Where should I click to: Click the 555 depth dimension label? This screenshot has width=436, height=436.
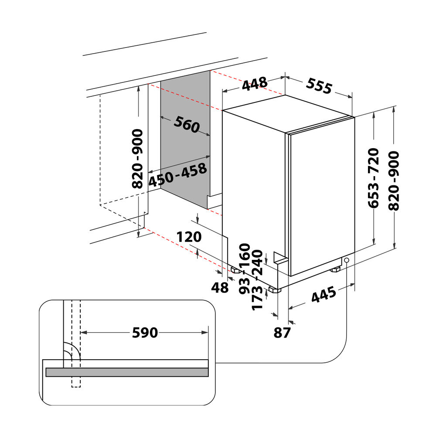click(319, 86)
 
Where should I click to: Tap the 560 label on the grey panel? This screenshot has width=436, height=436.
click(187, 124)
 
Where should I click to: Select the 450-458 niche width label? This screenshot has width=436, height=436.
click(178, 175)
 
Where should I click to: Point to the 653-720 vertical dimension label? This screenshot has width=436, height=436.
click(374, 178)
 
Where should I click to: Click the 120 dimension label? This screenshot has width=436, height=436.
click(189, 237)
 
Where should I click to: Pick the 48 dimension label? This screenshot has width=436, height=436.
click(220, 287)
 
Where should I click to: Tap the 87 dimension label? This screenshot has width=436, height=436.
click(282, 333)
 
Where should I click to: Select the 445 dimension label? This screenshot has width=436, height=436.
click(324, 295)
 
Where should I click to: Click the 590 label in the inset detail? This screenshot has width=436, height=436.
click(145, 333)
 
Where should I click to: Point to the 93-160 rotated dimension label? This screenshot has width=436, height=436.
click(245, 269)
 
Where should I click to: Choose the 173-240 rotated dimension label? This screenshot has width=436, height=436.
click(257, 280)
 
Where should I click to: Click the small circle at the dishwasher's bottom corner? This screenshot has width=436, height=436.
click(347, 260)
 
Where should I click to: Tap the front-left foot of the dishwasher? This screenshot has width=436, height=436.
click(275, 290)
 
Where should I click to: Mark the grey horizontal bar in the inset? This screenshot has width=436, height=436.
click(127, 372)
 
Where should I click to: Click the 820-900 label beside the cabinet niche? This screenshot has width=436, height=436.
click(137, 159)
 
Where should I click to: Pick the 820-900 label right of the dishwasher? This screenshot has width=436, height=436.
click(394, 181)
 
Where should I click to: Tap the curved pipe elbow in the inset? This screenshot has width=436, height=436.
click(72, 351)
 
